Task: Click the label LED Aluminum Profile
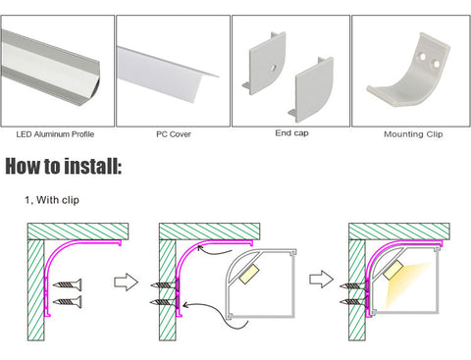55,134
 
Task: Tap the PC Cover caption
174,134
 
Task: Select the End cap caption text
291,133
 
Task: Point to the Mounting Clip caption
413,134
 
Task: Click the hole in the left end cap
273,68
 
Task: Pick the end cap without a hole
311,89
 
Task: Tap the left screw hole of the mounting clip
423,57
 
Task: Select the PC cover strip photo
167,75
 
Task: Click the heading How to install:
64,166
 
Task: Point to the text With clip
58,200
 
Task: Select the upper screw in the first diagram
68,285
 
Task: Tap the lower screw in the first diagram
68,302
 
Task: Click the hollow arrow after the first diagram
126,282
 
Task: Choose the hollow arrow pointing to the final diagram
322,280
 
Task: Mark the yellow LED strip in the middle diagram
249,274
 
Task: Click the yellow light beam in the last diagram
405,283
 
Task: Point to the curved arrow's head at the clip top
200,248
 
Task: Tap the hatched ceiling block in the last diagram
399,231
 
